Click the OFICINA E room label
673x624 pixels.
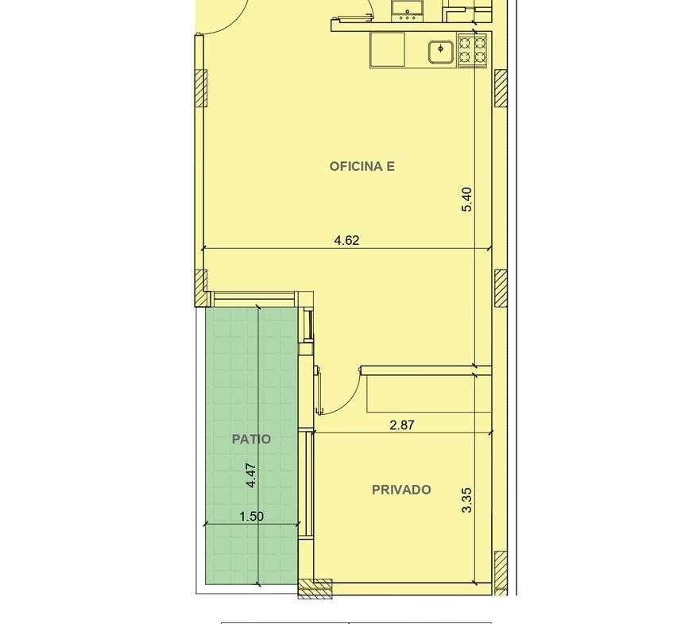[x=362, y=166]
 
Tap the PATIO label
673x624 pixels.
[x=251, y=439]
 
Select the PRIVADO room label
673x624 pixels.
[x=401, y=490]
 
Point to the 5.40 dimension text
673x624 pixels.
[x=466, y=200]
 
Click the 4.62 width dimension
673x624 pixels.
[x=346, y=240]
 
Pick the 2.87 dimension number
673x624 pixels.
[x=402, y=425]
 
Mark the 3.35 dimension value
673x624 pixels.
[x=466, y=500]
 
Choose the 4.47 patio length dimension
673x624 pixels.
[x=251, y=475]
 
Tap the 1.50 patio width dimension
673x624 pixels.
[x=252, y=516]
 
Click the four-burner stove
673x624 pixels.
[x=473, y=50]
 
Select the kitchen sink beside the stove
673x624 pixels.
[x=440, y=52]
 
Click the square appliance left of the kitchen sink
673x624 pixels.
[x=387, y=50]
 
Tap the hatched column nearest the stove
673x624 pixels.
[x=501, y=88]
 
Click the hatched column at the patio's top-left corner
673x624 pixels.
[x=201, y=288]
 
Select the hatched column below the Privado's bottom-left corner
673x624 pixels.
[x=315, y=588]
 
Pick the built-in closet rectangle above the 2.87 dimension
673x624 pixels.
[x=429, y=393]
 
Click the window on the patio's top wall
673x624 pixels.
[x=254, y=296]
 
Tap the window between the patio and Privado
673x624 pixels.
[x=306, y=483]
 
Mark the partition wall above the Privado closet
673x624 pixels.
[x=426, y=370]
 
